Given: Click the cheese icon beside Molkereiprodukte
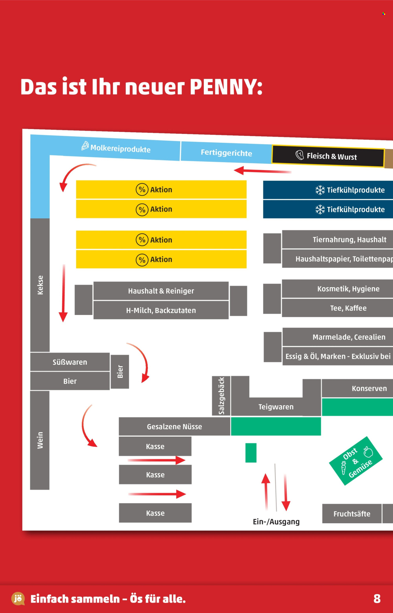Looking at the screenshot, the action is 85,146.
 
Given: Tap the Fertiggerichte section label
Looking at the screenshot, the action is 226,153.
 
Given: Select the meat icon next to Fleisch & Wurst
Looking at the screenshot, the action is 300,155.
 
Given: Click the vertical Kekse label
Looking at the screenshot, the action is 40,285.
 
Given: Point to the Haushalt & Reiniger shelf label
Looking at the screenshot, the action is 161,291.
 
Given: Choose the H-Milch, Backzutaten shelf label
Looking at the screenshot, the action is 161,311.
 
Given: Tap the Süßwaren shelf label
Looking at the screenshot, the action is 70,362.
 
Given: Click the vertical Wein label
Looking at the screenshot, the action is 40,440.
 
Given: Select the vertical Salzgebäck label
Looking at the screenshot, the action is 221,396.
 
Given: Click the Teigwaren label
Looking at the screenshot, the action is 276,407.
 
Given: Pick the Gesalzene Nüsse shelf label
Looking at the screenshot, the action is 174,427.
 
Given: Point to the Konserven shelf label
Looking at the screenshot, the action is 369,388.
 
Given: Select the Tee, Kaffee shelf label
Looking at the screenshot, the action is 348,308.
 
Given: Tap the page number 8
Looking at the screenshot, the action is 377,599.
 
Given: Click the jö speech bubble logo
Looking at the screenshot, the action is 18,598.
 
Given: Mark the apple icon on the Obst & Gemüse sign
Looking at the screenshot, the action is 368,452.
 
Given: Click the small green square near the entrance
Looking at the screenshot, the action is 251,453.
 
